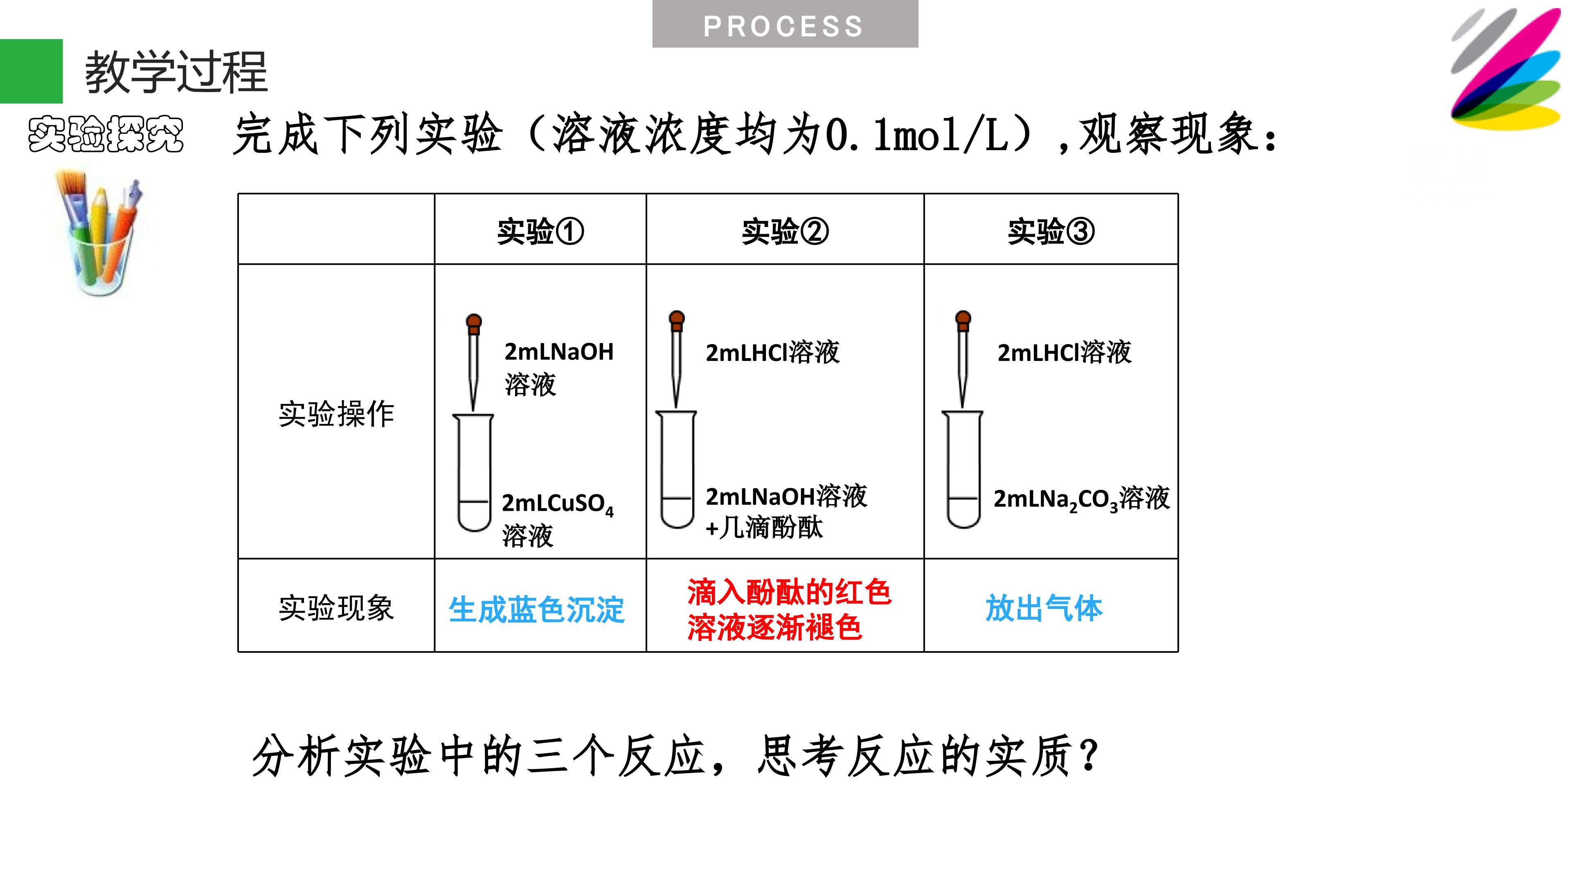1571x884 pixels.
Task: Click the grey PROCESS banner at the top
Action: point(785,24)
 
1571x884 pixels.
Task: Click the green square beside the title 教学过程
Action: point(31,71)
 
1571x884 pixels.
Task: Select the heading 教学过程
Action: point(176,72)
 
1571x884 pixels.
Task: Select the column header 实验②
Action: point(785,231)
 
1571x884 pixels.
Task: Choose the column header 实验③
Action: point(1051,231)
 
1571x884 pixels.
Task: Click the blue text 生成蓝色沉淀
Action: point(537,609)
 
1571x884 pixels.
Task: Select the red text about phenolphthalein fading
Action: point(789,609)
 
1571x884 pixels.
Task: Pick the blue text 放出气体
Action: point(1044,608)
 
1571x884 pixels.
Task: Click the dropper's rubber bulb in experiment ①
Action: point(474,322)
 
